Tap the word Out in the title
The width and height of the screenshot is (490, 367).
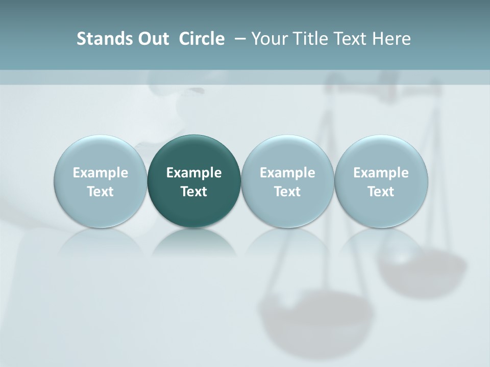152,39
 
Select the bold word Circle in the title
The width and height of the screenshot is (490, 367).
202,39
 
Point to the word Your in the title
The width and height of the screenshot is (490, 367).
268,39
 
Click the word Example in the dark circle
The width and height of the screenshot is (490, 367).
194,173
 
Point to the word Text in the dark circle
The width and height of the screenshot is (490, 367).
194,192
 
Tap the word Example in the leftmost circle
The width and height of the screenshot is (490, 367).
101,173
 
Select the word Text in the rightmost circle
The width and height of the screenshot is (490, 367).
381,192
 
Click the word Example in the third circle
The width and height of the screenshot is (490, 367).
287,173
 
